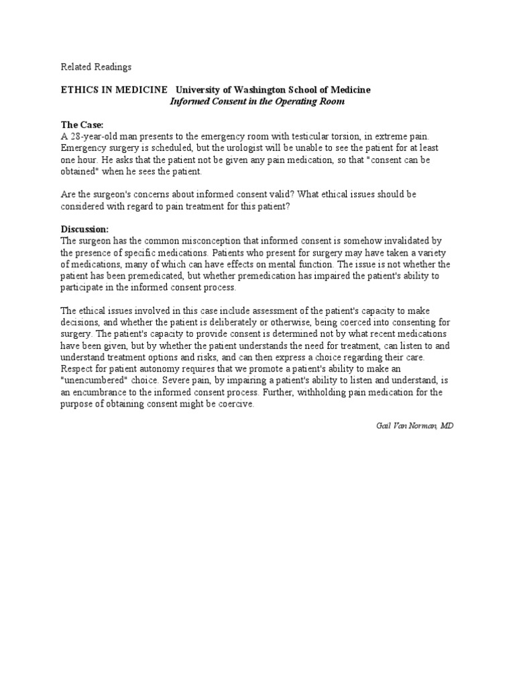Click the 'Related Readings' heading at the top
pos(97,66)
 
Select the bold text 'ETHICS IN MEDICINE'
pos(114,90)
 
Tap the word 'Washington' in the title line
pos(265,90)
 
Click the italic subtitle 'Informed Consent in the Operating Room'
pos(257,101)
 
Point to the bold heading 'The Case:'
pos(82,125)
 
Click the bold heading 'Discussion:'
pos(84,229)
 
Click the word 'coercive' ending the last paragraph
pos(235,403)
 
